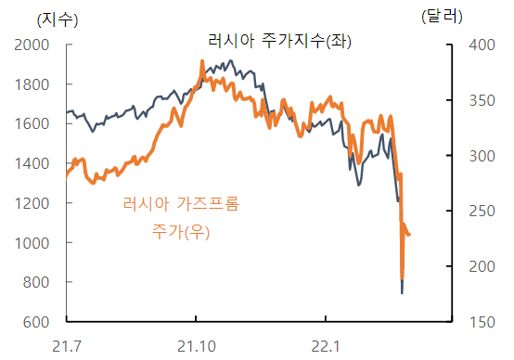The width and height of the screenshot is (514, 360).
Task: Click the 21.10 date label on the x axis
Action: pos(196,346)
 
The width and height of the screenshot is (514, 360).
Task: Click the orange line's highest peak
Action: pos(202,61)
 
